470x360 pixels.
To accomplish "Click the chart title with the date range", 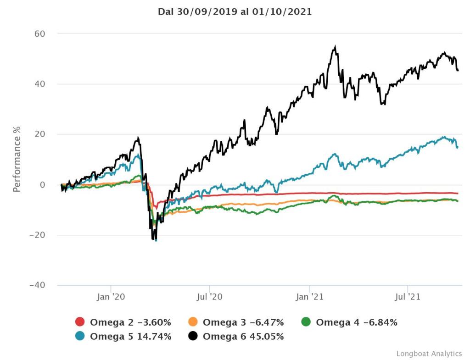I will pyautogui.click(x=235, y=12).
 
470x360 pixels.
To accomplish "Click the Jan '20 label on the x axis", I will pyautogui.click(x=111, y=297).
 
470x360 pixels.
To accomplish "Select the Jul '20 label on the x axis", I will pyautogui.click(x=210, y=297).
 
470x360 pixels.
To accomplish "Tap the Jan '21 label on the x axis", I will pyautogui.click(x=310, y=297).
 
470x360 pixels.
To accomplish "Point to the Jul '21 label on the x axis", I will pyautogui.click(x=408, y=297).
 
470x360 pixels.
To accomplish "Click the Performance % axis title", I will pyautogui.click(x=17, y=160).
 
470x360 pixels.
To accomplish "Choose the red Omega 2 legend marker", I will pyautogui.click(x=80, y=322).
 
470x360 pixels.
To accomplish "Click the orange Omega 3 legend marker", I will pyautogui.click(x=193, y=322).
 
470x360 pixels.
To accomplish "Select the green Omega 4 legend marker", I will pyautogui.click(x=306, y=322).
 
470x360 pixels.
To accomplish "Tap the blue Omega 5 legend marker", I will pyautogui.click(x=80, y=337).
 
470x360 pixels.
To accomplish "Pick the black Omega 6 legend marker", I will pyautogui.click(x=193, y=337).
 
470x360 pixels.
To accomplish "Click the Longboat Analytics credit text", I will pyautogui.click(x=429, y=354).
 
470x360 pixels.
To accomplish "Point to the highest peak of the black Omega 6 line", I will pyautogui.click(x=336, y=47).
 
